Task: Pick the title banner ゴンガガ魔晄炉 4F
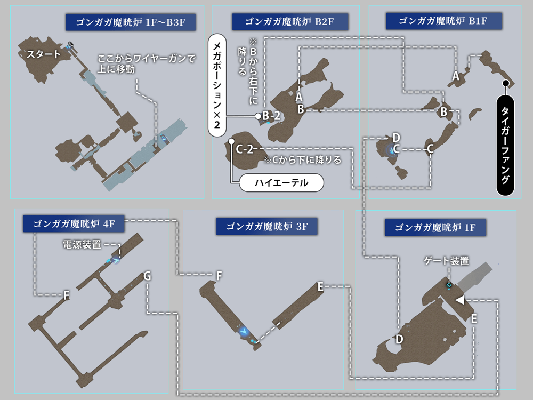[74, 223]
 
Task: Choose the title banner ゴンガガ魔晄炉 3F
[266, 226]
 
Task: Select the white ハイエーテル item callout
[281, 182]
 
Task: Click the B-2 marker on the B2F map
[271, 115]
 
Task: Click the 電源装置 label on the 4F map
[82, 244]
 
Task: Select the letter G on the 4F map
[147, 276]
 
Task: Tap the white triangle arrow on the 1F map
[459, 301]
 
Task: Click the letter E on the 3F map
[320, 286]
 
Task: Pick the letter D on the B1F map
[396, 137]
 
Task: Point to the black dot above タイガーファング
[506, 83]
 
